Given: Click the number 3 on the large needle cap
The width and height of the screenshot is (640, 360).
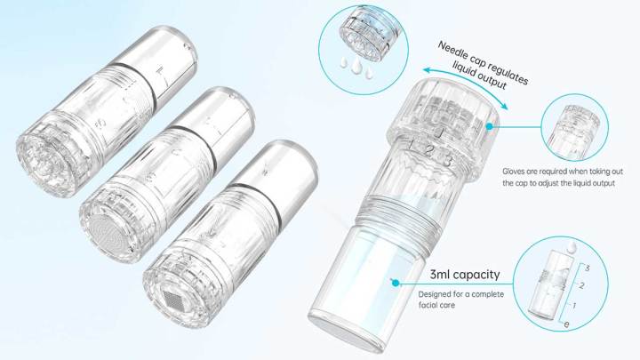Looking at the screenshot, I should [x=448, y=160].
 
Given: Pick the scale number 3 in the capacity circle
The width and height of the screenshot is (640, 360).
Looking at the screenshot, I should [x=587, y=267].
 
